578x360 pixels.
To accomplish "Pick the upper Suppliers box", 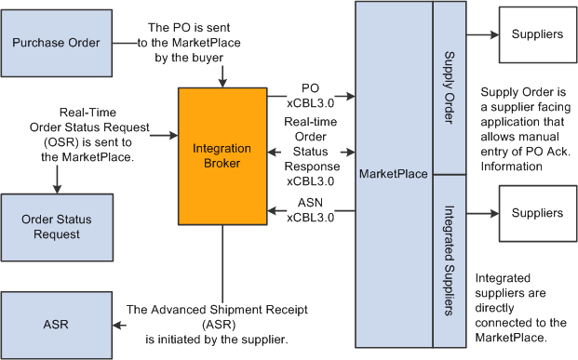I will point(537,34).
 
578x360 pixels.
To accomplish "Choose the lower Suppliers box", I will point(537,213).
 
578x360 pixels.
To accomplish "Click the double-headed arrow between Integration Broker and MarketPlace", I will point(311,151).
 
